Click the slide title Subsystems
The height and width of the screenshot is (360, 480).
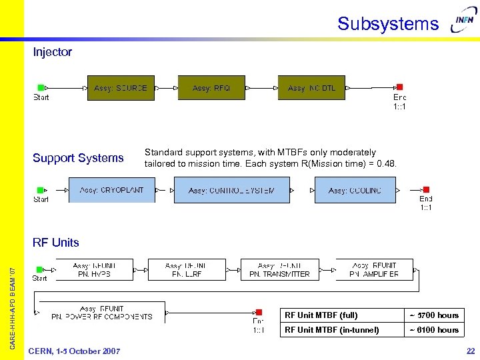388,24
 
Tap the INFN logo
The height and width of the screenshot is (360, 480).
464,21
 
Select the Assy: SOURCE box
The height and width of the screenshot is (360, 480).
121,88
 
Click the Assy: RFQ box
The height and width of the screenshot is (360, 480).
211,88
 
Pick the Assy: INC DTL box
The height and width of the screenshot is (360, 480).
312,88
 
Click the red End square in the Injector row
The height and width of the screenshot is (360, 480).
399,87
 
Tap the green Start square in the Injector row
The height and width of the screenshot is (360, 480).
41,87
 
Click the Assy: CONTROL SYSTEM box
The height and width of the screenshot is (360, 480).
231,190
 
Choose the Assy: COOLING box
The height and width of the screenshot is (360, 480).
355,190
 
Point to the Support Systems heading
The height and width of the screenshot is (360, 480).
78,158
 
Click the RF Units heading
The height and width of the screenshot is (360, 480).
56,243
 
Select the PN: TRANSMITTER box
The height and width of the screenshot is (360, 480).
279,269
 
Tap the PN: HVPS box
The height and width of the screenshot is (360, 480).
93,269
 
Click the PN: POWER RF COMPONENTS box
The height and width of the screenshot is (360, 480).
101,312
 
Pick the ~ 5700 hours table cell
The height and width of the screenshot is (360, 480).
434,315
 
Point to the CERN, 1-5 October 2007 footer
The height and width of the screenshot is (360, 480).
74,351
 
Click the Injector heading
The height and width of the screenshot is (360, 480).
52,52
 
